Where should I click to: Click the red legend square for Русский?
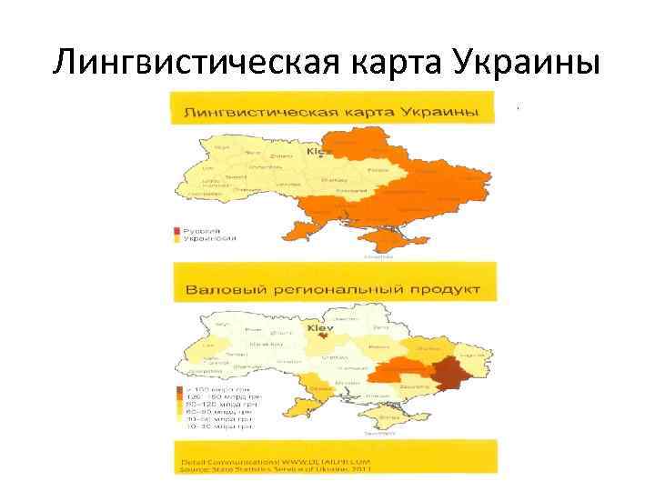[178, 231]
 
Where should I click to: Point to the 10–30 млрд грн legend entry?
[219, 425]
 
